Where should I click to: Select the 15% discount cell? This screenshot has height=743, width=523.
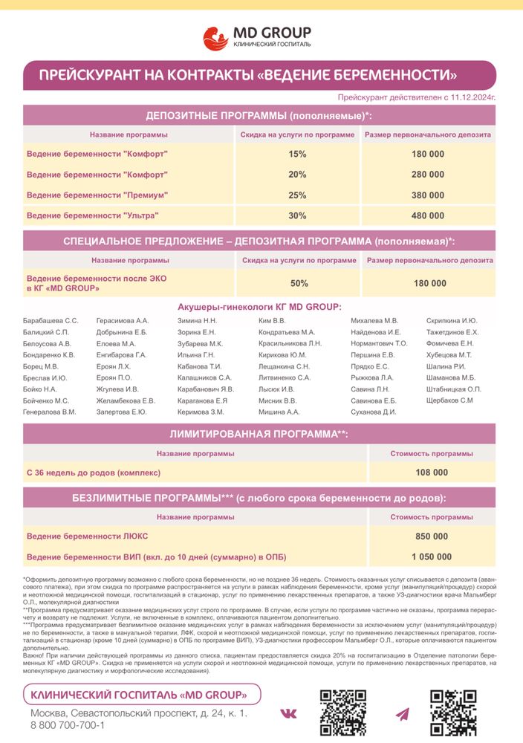tap(297, 154)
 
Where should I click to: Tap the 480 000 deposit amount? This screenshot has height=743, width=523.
tap(427, 215)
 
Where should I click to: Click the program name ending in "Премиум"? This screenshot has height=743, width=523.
tap(97, 195)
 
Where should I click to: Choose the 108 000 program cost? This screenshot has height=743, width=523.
tap(431, 472)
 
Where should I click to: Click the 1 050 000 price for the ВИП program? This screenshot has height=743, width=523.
tap(431, 557)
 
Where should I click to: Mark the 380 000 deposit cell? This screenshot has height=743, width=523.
tap(427, 195)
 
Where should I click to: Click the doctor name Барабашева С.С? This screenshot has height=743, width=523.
tap(51, 320)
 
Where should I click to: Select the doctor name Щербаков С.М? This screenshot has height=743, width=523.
tap(449, 400)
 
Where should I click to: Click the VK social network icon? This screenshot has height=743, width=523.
tap(288, 714)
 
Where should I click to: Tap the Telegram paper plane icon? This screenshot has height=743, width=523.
tap(402, 714)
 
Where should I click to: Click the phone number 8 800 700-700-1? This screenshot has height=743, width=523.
tap(67, 725)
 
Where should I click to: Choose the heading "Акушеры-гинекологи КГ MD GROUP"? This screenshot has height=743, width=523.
tap(259, 307)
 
